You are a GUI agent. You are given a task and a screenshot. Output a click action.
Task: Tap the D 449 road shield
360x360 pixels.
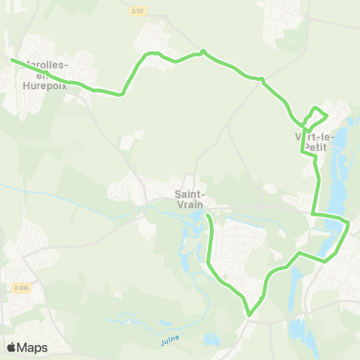[21, 286]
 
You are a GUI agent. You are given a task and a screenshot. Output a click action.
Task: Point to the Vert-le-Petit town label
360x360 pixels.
[314, 142]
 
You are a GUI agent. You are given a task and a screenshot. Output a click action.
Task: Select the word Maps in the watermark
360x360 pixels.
[32, 347]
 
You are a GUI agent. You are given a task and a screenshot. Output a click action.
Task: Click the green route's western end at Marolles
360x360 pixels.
[11, 59]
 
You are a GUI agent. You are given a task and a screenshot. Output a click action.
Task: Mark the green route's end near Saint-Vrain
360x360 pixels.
[208, 217]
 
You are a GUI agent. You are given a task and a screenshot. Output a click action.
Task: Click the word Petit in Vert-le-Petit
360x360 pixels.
[315, 148]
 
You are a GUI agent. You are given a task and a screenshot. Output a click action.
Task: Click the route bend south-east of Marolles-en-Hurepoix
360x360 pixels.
[120, 94]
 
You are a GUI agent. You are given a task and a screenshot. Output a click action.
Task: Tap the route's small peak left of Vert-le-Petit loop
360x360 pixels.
[202, 51]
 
